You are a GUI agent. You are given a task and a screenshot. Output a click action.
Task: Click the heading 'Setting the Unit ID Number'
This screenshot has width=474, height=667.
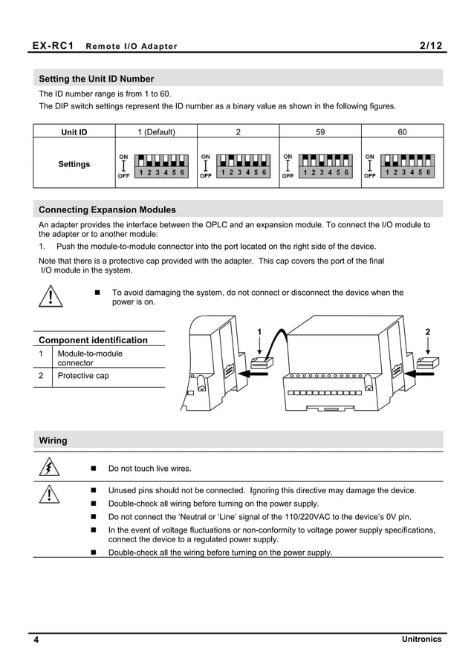point(97,79)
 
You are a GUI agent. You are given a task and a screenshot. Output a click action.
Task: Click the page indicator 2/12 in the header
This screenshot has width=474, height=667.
point(430,46)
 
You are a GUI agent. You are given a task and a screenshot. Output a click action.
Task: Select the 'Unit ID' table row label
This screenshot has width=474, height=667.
point(74,132)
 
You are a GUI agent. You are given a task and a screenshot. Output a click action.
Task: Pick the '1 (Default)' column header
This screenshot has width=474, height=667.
point(156,132)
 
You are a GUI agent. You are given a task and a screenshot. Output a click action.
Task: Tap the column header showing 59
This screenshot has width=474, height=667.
point(320,132)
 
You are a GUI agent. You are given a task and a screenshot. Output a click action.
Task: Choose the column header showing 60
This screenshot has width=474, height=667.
point(402,132)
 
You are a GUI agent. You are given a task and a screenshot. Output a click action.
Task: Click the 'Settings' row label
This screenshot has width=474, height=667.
point(74,164)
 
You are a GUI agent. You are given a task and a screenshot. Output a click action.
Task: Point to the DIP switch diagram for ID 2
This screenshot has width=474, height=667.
point(238,166)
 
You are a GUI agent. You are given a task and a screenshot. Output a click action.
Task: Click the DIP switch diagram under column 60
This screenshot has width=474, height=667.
point(402,166)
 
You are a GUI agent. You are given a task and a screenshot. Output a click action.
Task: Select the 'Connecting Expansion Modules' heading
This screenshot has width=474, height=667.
point(107,209)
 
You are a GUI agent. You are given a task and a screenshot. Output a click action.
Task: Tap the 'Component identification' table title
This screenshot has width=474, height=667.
point(93,340)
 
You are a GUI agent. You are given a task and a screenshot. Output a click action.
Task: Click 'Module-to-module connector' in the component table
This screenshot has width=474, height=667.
point(90,358)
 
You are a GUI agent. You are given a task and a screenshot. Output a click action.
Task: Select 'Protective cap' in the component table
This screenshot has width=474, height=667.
point(83,376)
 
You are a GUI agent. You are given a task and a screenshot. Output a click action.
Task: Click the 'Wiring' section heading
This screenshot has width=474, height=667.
point(53,440)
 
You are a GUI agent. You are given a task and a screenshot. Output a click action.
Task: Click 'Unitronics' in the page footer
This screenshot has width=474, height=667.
point(421,640)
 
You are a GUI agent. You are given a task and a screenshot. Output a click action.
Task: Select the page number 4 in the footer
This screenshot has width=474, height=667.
point(35,640)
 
